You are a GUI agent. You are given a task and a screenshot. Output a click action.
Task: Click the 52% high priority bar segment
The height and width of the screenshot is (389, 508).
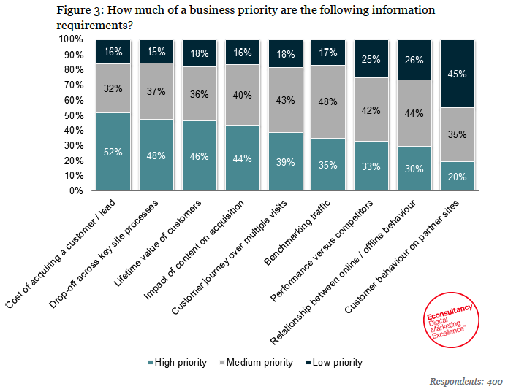[x=113, y=152]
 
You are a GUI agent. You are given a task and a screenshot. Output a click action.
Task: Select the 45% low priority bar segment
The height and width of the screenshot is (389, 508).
[x=457, y=74]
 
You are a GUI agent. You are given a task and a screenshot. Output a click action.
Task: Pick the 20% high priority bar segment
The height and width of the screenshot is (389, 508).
[x=457, y=176]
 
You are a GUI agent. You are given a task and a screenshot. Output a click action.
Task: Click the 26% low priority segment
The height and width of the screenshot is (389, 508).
[x=414, y=60]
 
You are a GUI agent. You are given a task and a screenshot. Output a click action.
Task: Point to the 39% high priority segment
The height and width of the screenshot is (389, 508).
[x=285, y=161]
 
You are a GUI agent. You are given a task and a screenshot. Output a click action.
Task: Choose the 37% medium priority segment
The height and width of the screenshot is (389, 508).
[x=156, y=91]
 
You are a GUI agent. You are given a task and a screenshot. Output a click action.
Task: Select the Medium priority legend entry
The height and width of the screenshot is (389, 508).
[x=258, y=362]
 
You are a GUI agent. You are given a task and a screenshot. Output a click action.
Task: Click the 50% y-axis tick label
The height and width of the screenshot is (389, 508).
[x=75, y=115]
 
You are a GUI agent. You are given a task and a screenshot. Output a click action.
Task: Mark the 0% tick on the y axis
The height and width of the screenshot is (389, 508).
[x=78, y=191]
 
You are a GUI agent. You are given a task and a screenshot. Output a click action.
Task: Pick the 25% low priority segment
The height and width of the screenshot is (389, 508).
[x=371, y=59]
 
